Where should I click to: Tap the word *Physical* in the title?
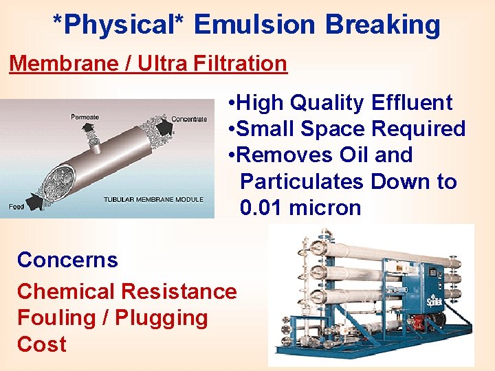pyautogui.click(x=120, y=25)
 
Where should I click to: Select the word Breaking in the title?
pyautogui.click(x=382, y=25)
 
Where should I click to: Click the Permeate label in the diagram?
pyautogui.click(x=85, y=117)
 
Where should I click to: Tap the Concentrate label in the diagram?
pyautogui.click(x=189, y=119)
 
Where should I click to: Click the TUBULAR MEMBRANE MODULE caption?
pyautogui.click(x=153, y=200)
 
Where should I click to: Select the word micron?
pyautogui.click(x=324, y=207)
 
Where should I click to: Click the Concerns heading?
pyautogui.click(x=67, y=260)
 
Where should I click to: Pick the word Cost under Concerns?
pyautogui.click(x=42, y=344)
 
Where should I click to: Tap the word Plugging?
pyautogui.click(x=164, y=318)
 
